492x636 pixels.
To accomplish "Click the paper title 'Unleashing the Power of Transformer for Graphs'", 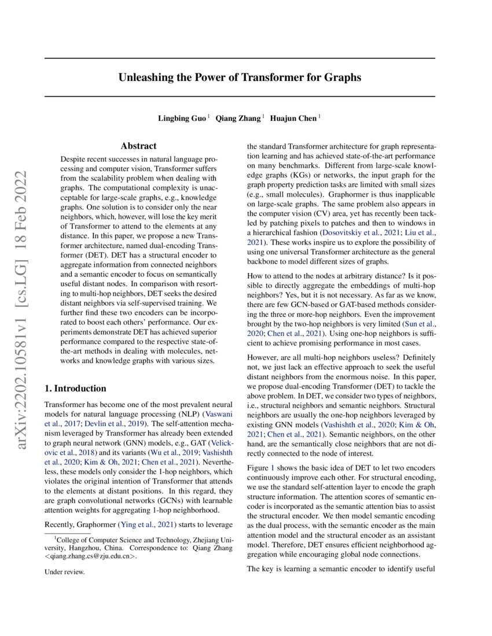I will coord(240,77).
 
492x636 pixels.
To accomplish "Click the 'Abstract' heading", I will coord(138,146).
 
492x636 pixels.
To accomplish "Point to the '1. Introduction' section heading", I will coord(75,389).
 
